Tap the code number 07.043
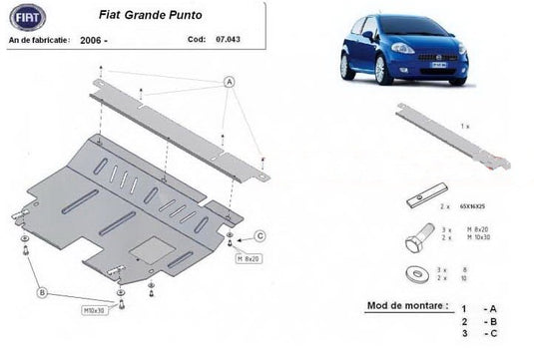tap(228, 41)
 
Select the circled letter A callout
tap(230, 81)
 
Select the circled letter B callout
tap(42, 292)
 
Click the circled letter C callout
tap(260, 236)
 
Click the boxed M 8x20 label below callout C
tap(248, 259)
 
